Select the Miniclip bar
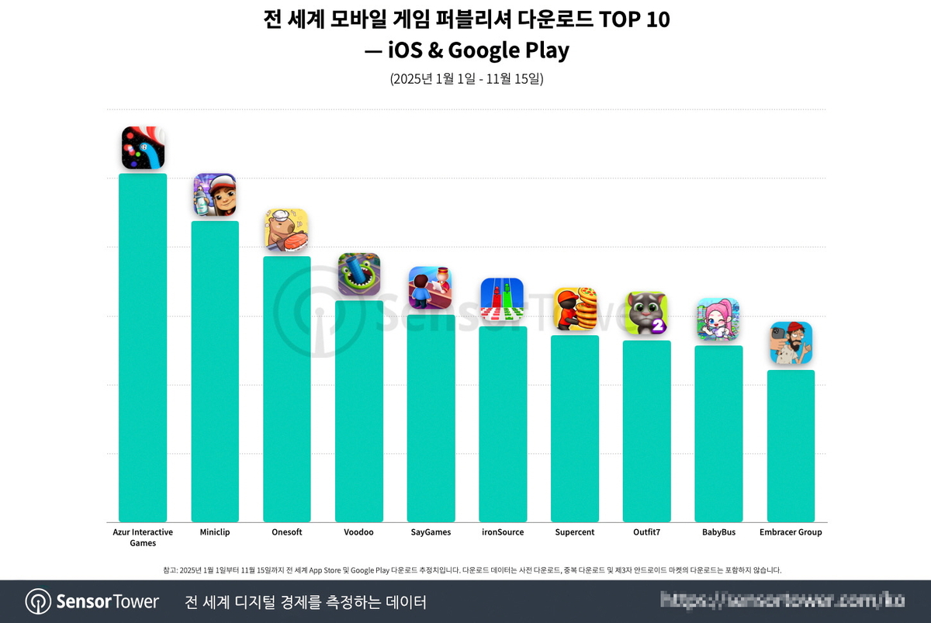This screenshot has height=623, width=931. (x=215, y=372)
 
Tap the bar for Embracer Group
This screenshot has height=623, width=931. (x=791, y=446)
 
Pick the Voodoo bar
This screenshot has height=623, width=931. (x=359, y=411)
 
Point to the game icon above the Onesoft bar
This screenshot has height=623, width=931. (x=287, y=230)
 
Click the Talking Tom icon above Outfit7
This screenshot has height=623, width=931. (x=647, y=313)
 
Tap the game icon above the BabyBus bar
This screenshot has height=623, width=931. (x=718, y=320)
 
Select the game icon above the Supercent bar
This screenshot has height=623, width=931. (x=575, y=309)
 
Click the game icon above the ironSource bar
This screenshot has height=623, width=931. (x=503, y=299)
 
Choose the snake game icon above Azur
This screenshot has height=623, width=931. (x=143, y=148)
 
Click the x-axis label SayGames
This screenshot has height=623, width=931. (x=431, y=532)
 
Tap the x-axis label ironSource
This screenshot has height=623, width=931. (x=502, y=532)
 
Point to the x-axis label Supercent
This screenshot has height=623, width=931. (x=575, y=532)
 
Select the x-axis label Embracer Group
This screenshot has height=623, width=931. (x=791, y=532)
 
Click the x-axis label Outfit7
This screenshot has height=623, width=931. (x=647, y=532)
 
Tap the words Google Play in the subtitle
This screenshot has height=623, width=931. (x=509, y=50)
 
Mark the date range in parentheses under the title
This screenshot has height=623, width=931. (x=465, y=79)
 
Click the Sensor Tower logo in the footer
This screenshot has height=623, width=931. (x=92, y=601)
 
